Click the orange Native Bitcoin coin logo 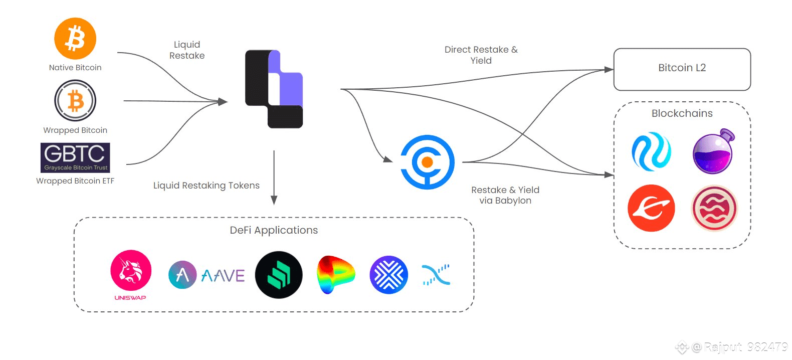point(75,39)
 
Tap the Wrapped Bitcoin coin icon point(75,101)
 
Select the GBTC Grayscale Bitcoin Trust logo point(75,157)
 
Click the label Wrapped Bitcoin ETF point(75,181)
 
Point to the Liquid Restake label point(187,50)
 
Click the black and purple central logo point(274,89)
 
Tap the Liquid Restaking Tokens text point(206,186)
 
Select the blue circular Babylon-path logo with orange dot point(427,162)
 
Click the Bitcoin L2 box point(682,69)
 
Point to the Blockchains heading point(682,113)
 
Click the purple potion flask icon point(713,152)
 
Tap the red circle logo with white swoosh point(651,208)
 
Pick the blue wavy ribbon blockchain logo point(651,151)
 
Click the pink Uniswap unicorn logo point(131,271)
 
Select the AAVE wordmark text point(223,276)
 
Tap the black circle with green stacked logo point(279,275)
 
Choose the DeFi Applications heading point(274,230)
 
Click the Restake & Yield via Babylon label point(505,195)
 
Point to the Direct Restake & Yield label point(481,55)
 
